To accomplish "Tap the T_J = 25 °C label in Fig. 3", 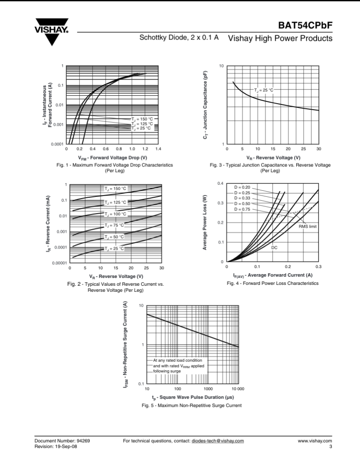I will (264, 90).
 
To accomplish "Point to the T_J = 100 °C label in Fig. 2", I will (115, 214).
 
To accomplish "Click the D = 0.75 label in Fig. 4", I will (242, 209).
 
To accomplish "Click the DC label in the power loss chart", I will (274, 247).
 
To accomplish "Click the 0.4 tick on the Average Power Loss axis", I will (220, 183).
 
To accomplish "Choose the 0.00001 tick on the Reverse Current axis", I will (58, 263).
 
